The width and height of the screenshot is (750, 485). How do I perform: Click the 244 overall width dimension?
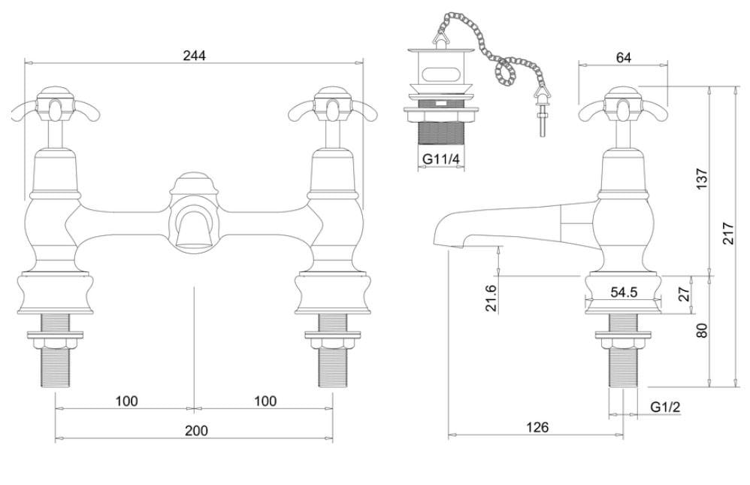[194, 55]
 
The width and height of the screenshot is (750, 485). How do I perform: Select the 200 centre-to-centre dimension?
[195, 430]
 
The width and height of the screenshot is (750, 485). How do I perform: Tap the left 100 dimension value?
[126, 401]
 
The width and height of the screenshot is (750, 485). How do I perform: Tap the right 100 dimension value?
[265, 401]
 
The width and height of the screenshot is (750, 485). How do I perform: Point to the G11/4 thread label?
[440, 159]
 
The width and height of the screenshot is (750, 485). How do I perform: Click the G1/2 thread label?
[665, 407]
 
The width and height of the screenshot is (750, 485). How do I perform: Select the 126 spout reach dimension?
[537, 427]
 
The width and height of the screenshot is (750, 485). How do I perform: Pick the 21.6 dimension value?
[491, 299]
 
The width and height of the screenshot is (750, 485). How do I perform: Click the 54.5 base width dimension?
[623, 293]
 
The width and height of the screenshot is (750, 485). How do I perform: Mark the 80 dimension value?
[702, 331]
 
